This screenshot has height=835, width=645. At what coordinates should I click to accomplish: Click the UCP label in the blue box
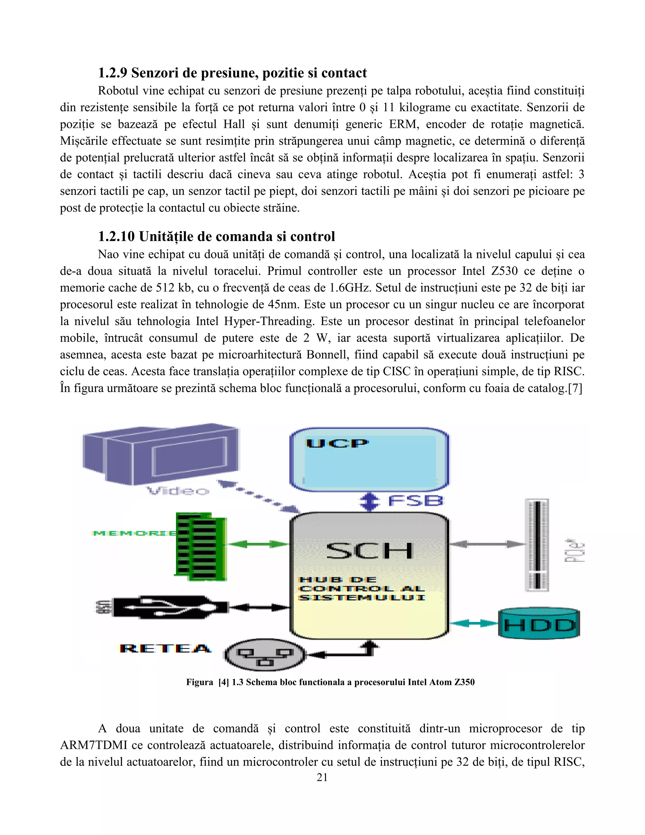click(337, 444)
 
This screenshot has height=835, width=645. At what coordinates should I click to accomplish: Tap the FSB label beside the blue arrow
click(415, 501)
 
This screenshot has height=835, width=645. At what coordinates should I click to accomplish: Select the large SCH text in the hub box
click(369, 551)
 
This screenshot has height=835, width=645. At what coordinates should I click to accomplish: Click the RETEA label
click(165, 648)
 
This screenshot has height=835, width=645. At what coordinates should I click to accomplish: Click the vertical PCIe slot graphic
click(537, 545)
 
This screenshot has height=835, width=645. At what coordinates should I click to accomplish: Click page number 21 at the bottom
click(322, 778)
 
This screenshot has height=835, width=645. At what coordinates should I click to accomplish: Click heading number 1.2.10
click(116, 237)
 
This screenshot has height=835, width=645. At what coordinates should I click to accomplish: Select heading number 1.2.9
click(113, 73)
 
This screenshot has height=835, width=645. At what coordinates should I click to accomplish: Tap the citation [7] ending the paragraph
click(575, 389)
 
